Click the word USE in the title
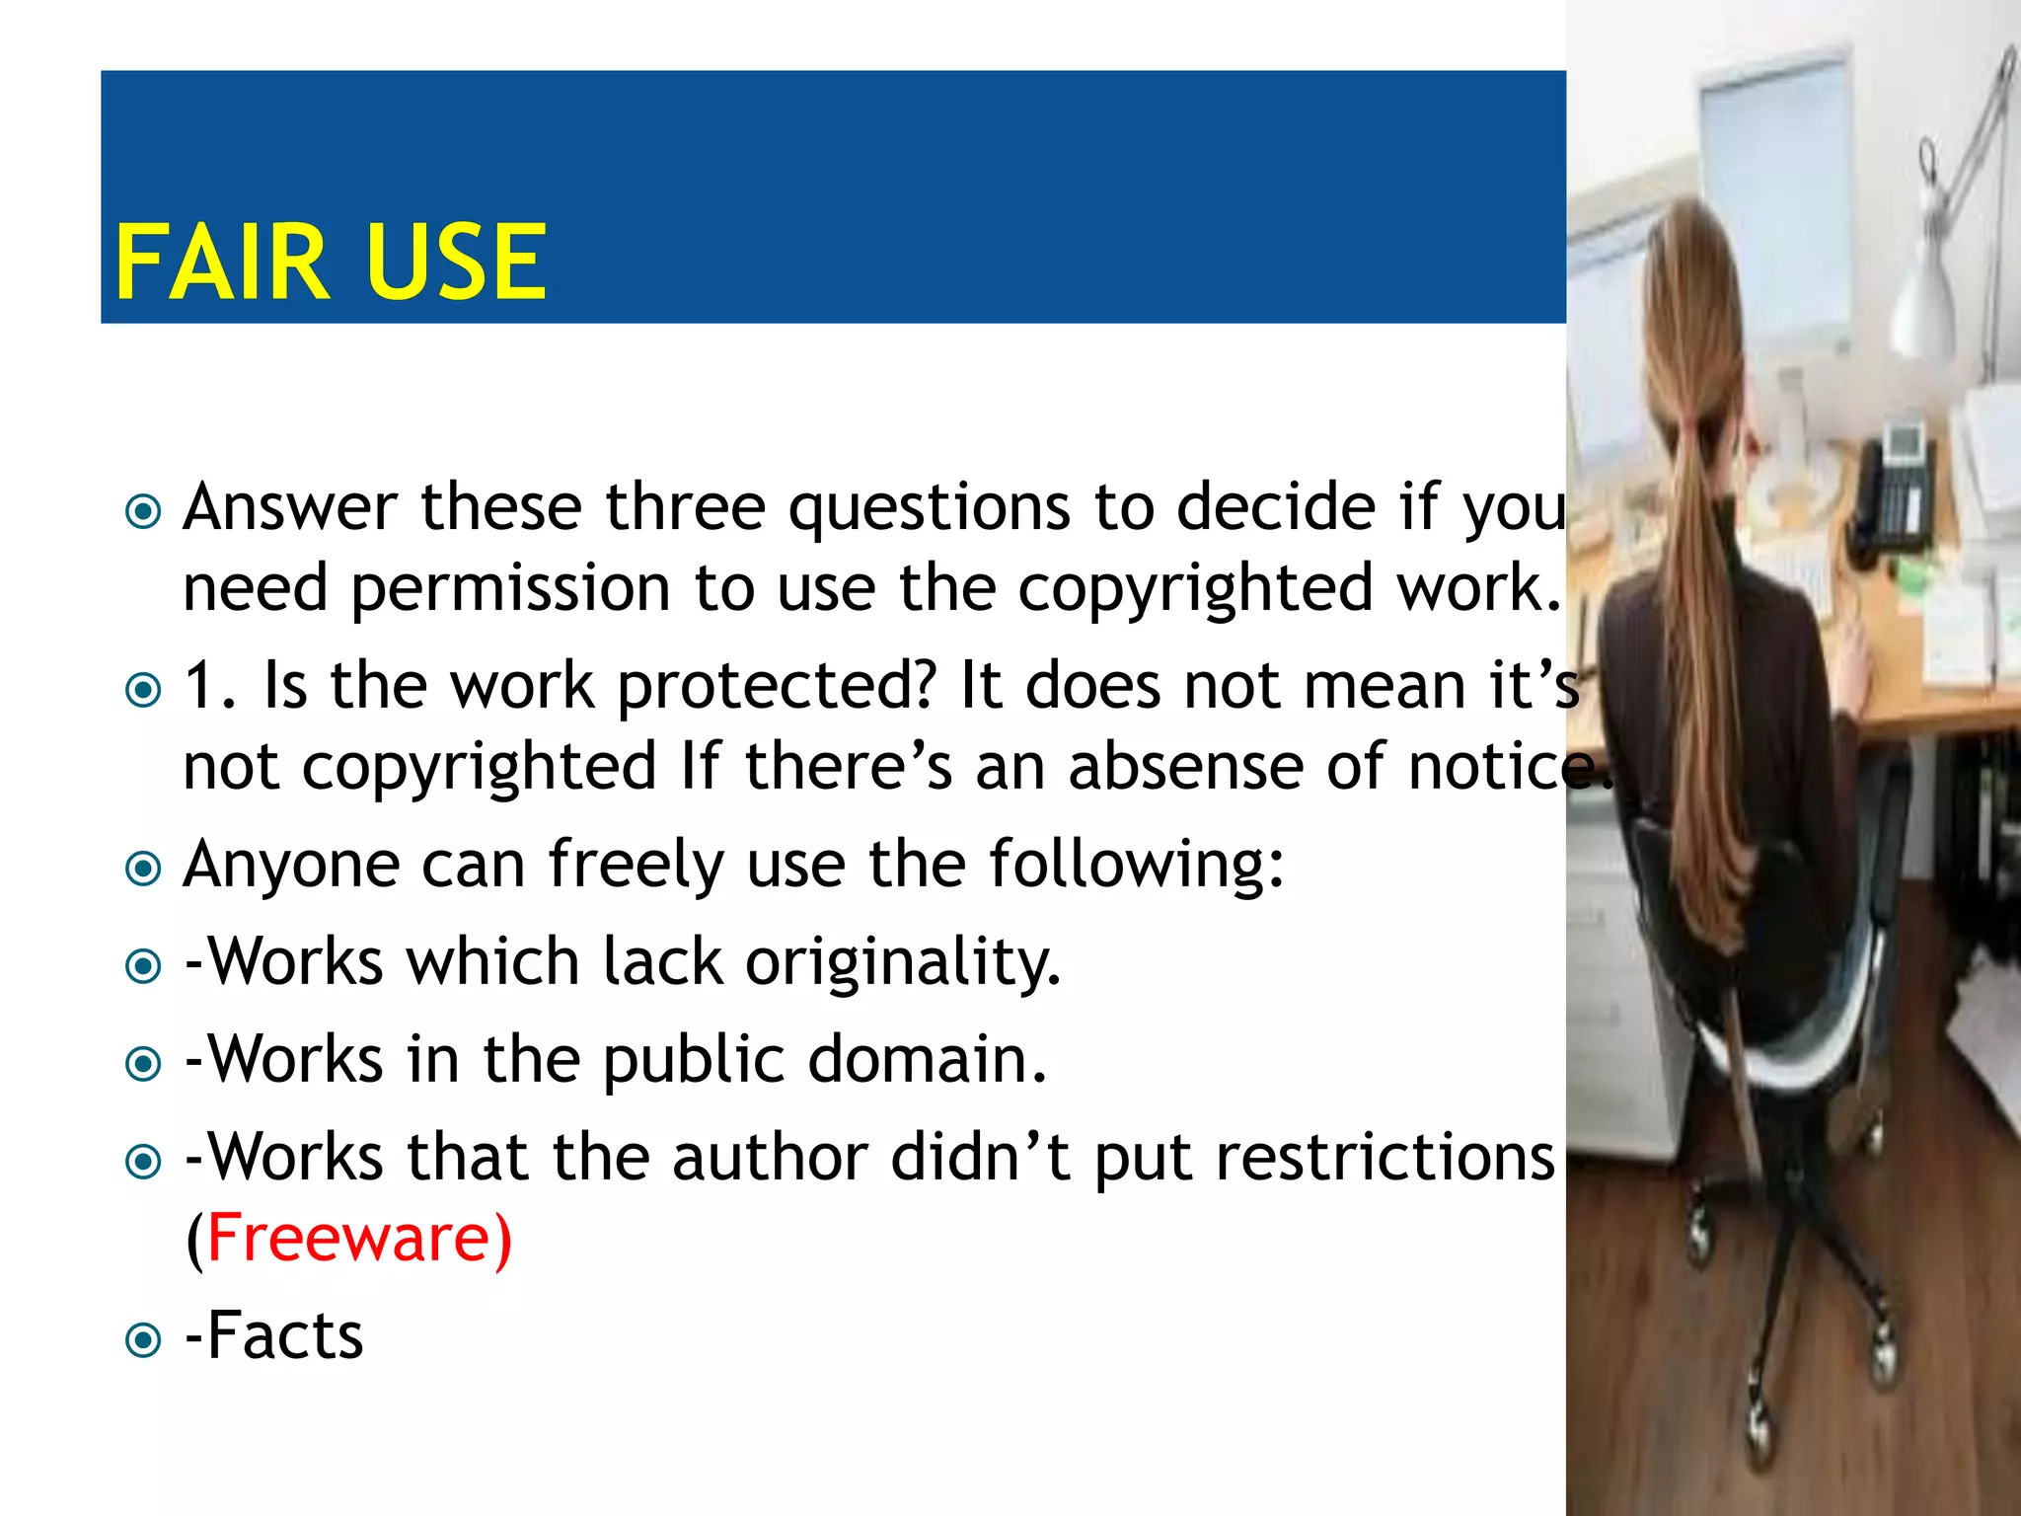[x=455, y=262]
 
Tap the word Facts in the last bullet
[x=286, y=1335]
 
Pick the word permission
[x=511, y=588]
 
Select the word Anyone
[x=291, y=865]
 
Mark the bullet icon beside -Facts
[x=144, y=1340]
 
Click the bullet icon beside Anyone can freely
[x=144, y=869]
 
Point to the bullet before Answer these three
[x=144, y=511]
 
